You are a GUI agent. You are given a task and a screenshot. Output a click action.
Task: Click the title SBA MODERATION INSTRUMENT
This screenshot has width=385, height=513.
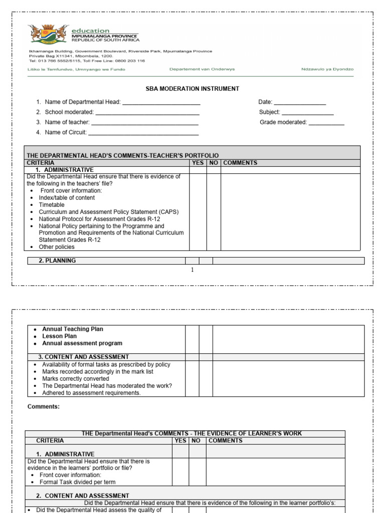192,89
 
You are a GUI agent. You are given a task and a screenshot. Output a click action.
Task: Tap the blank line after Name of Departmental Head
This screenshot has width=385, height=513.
161,103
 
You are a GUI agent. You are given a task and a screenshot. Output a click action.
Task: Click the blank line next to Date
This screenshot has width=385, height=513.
300,103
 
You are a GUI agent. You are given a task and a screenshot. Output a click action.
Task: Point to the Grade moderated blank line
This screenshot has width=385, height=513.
326,123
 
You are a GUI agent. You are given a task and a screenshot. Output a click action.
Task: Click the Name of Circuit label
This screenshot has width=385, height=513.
65,132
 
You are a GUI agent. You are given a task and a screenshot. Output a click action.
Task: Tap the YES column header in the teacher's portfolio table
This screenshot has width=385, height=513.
198,163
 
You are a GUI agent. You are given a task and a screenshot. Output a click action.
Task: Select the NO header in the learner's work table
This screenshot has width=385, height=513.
197,441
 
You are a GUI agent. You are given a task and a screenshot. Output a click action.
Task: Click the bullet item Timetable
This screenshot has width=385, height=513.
52,205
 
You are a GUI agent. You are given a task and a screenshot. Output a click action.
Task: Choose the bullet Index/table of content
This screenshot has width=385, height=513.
67,198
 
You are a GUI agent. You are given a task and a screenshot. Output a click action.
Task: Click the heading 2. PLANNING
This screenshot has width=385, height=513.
57,261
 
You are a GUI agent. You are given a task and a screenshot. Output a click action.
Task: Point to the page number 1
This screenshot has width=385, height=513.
192,270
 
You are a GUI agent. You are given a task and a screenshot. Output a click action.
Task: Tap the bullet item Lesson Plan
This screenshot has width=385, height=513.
59,336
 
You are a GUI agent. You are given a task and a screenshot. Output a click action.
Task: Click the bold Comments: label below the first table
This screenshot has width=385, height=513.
43,407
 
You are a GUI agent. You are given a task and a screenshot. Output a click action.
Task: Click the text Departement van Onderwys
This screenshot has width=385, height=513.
202,69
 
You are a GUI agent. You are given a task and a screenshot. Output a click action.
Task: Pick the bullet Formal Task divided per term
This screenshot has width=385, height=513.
77,482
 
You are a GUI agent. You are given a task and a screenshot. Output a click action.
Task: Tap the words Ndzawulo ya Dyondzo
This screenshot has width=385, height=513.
327,69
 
